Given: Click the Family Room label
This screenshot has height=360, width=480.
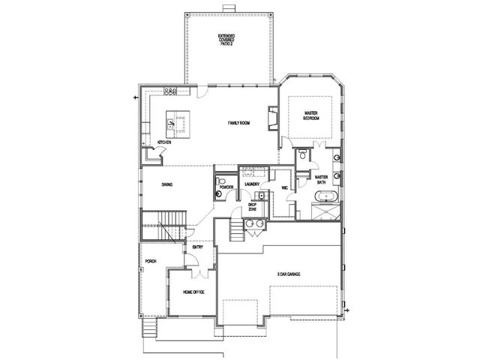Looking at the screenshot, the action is [238, 123].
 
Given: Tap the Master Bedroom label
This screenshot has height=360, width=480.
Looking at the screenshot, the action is [310, 115].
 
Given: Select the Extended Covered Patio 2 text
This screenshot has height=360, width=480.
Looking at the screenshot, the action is [226, 40].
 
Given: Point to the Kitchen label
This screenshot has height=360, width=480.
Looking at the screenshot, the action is [164, 142].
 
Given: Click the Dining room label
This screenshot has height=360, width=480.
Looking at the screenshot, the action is [167, 184].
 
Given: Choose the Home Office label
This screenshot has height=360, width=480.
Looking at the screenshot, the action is [193, 292].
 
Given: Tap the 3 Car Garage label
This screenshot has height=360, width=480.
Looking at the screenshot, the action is [288, 274].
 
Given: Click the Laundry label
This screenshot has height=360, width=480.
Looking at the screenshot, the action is [252, 184].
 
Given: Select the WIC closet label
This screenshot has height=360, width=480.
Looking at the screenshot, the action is [284, 188].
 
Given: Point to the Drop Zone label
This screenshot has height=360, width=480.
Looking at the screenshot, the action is [252, 207].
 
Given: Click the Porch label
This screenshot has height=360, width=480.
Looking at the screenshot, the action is [151, 262].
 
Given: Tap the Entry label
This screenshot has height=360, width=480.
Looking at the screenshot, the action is [198, 247].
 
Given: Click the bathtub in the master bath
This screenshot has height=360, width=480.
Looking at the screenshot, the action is [326, 196].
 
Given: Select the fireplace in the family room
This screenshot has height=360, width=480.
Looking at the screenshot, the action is [273, 118].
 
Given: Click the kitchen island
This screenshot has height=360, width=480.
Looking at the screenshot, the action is [178, 124].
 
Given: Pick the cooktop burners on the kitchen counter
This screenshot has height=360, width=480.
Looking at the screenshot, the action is [170, 91].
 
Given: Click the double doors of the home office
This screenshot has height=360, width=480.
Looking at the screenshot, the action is [200, 274].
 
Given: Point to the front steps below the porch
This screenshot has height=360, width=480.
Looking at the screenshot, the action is [150, 328].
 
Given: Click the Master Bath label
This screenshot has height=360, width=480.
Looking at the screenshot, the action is [322, 180].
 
